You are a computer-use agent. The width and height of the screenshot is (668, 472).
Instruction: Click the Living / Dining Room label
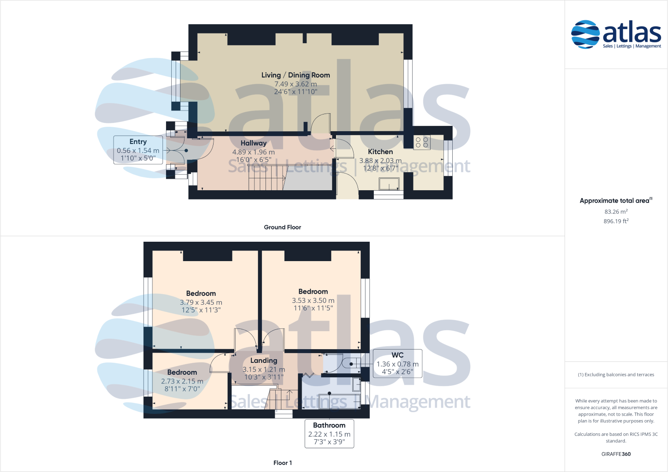[295, 75]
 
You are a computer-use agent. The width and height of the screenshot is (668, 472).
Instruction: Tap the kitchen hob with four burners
[422, 142]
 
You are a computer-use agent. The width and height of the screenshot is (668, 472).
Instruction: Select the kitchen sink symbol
[389, 184]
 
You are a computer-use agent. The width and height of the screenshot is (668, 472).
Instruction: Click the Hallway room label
[253, 143]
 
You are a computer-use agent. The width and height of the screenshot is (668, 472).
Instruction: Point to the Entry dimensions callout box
[138, 150]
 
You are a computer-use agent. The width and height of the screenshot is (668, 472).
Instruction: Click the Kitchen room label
[380, 151]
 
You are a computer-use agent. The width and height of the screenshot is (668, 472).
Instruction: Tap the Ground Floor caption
[282, 227]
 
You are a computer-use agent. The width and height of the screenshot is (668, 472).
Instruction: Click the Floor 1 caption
[282, 463]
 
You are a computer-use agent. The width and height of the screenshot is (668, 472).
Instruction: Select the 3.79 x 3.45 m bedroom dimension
[201, 302]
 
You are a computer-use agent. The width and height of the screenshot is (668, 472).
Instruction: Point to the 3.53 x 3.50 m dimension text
[313, 301]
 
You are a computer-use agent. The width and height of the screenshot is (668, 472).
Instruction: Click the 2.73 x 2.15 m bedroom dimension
[182, 381]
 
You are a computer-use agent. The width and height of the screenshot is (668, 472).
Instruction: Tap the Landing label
[264, 361]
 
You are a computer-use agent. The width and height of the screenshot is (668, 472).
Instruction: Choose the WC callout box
[397, 364]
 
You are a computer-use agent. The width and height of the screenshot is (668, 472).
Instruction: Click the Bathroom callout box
[329, 434]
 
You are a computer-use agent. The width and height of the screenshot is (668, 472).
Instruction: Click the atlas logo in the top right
[616, 34]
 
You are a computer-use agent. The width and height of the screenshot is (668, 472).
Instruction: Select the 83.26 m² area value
[616, 212]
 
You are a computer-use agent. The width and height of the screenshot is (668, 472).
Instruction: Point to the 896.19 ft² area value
[616, 221]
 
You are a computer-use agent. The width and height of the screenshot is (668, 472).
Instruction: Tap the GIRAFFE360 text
[616, 454]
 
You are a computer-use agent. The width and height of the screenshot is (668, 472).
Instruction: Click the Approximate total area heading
[615, 201]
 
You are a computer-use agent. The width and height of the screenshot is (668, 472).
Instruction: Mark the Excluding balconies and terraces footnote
[616, 375]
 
